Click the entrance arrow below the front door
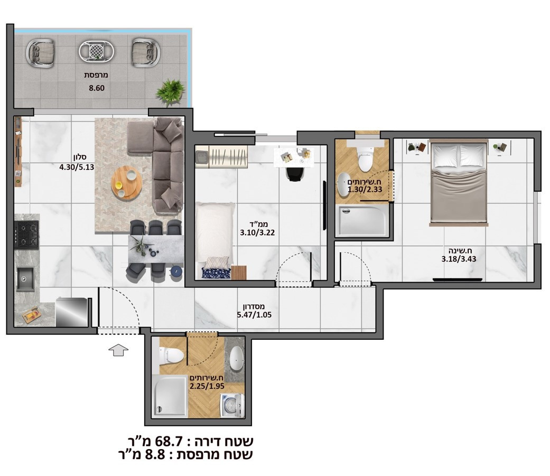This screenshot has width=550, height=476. [119, 349]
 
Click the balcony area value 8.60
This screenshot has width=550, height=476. [97, 88]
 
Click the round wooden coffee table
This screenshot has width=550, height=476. [126, 183]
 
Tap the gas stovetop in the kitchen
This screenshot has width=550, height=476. [27, 235]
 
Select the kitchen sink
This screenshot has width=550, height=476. [25, 279]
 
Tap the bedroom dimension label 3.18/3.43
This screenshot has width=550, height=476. [459, 259]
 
